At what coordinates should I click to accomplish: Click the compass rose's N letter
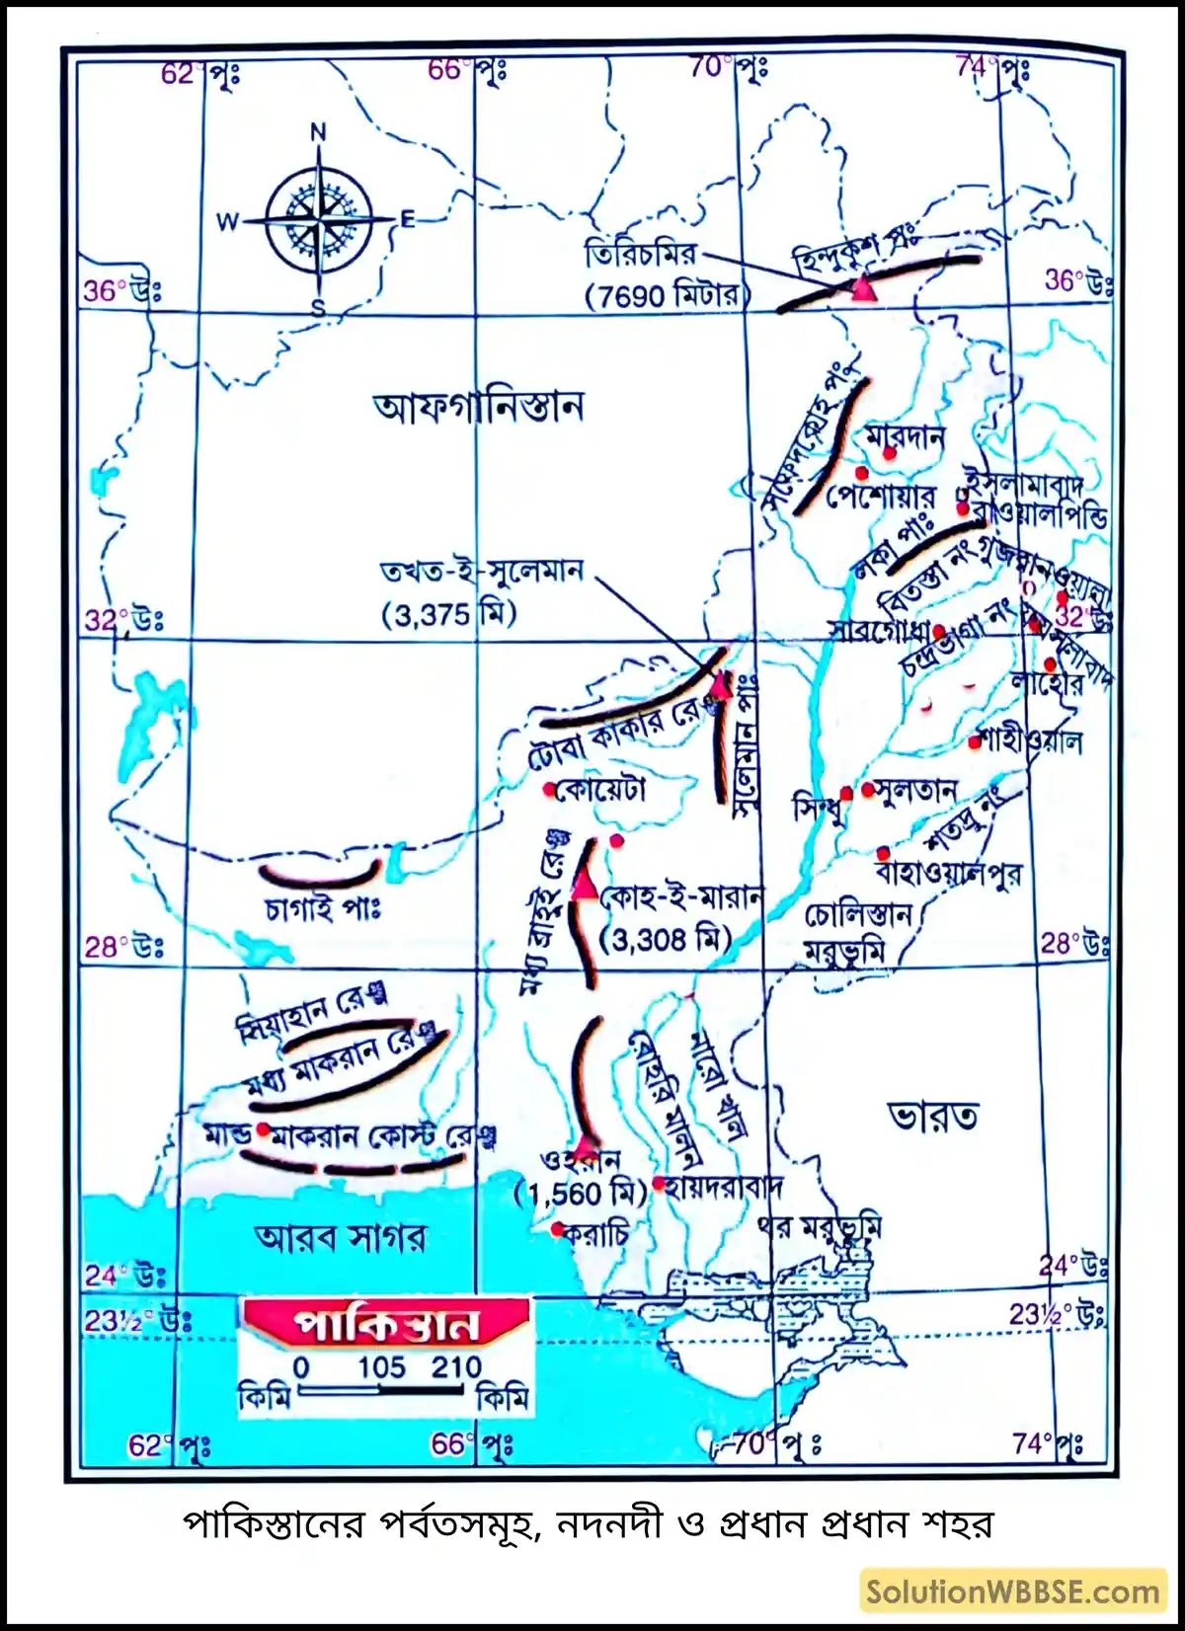[318, 132]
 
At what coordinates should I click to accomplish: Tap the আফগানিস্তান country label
[478, 406]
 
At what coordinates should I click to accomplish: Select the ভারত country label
[933, 1117]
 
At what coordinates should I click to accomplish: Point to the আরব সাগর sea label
[341, 1237]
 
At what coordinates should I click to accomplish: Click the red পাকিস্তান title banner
[386, 1324]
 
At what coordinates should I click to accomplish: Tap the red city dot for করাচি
[557, 1228]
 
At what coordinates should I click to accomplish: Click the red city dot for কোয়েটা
[549, 790]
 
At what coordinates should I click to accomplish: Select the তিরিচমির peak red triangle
[863, 288]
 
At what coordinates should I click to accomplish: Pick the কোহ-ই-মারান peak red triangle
[585, 886]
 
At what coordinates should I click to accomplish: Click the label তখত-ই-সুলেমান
[482, 572]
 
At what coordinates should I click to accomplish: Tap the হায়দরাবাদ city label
[723, 1186]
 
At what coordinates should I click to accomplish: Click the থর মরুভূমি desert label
[820, 1226]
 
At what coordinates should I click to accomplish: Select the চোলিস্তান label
[858, 915]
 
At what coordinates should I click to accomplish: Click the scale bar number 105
[381, 1367]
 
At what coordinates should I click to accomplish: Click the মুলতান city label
[914, 790]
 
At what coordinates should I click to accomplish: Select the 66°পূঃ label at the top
[467, 70]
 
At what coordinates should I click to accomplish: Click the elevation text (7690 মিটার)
[668, 294]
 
